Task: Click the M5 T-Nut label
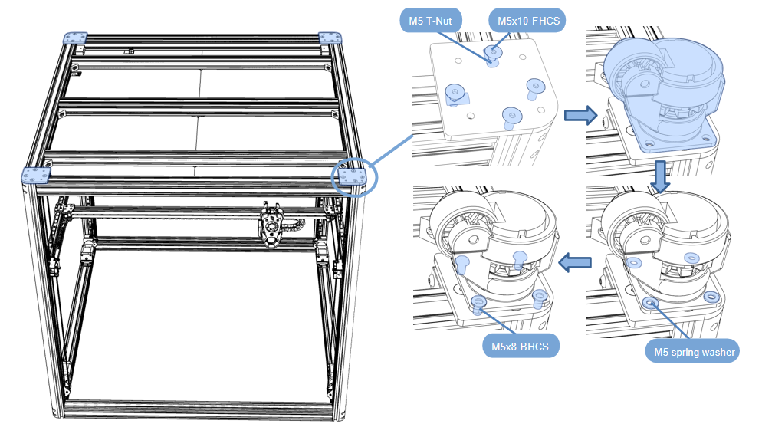(x=430, y=20)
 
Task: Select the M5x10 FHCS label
(x=526, y=20)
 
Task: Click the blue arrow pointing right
(x=580, y=116)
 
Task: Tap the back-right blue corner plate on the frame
(x=330, y=38)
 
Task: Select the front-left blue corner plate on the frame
(x=36, y=176)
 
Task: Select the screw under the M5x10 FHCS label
(x=492, y=53)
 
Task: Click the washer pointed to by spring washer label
(x=651, y=303)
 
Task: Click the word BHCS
(x=536, y=347)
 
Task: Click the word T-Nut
(x=440, y=20)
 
